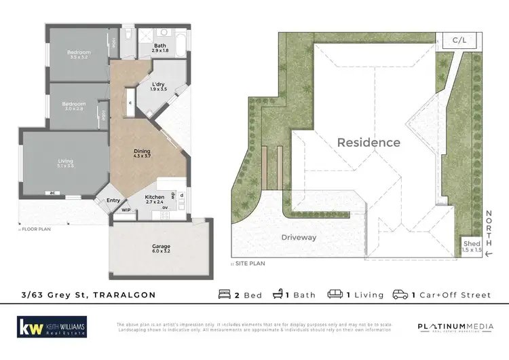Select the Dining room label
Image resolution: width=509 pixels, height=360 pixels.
[143, 154]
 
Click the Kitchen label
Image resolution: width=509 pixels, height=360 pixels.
[156, 199]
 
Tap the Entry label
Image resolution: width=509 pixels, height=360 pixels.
[113, 200]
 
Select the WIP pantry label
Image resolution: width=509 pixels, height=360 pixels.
[126, 211]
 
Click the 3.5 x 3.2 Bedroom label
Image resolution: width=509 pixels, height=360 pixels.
[79, 55]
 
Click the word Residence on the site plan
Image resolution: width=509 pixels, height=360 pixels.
[369, 143]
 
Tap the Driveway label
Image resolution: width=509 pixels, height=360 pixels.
[299, 237]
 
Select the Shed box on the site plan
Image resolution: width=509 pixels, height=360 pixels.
[472, 247]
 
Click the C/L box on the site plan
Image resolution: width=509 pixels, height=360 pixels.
[460, 41]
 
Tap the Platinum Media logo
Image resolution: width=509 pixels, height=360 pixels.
[455, 327]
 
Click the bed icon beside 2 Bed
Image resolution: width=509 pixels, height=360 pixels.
[225, 295]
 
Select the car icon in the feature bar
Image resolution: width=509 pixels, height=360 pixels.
[400, 295]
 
